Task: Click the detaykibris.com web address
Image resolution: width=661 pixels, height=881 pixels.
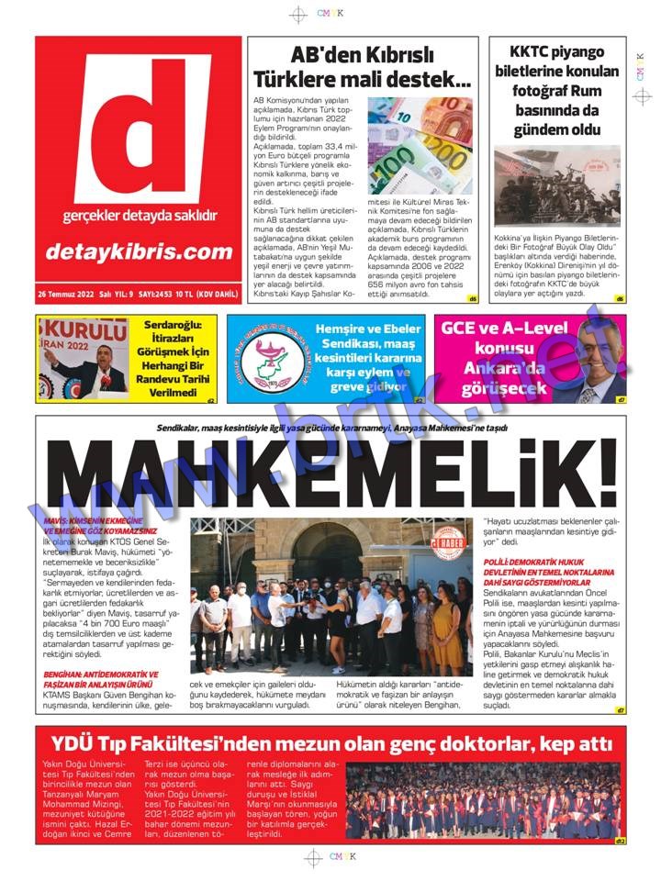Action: (x=140, y=251)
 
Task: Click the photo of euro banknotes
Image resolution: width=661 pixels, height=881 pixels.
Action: (x=420, y=146)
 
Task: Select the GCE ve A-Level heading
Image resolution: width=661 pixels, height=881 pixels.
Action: (x=505, y=329)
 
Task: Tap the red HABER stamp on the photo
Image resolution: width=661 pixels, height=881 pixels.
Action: (x=450, y=544)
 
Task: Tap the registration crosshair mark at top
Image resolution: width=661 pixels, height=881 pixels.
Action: (x=297, y=14)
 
